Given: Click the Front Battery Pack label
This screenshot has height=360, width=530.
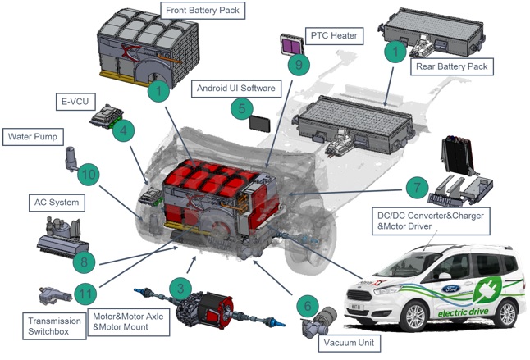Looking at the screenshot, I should click(207, 12).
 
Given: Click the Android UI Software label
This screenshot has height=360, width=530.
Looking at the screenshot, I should click(235, 88).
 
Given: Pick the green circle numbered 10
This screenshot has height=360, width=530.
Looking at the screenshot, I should click(88, 174).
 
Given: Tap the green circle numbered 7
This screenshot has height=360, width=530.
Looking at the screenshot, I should click(418, 188).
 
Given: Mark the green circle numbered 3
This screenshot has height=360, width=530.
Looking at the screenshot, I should click(180, 287).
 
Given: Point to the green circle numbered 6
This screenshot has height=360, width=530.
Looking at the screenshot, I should click(307, 306).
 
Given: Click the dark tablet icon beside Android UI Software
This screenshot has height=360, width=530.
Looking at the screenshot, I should click(260, 123).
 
